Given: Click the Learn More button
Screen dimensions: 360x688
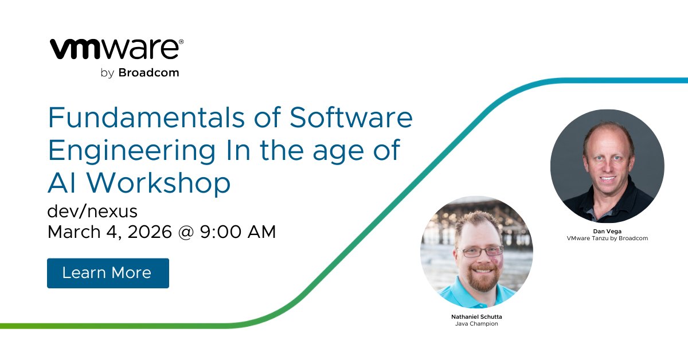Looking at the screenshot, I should tap(108, 273).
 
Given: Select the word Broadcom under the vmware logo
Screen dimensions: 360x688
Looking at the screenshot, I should tap(148, 73).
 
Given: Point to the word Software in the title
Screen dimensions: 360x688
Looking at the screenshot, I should tap(351, 118).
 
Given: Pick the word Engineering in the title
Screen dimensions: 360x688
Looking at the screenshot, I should tap(132, 151).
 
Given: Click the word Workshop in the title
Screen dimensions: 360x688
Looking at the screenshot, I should tap(159, 183).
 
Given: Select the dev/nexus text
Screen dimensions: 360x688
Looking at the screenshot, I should tap(92, 212).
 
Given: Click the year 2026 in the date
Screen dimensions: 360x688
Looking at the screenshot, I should tap(150, 232).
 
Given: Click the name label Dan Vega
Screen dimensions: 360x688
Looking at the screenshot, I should tap(607, 231).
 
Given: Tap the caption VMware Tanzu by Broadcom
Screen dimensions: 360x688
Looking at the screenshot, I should tap(607, 238).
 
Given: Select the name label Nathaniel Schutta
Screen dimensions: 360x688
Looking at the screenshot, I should tap(477, 316).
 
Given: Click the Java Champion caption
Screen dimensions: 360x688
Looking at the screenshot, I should tap(477, 324).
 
